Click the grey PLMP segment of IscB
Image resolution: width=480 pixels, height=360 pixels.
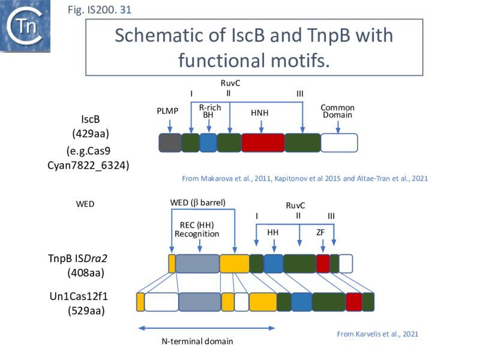(170, 142)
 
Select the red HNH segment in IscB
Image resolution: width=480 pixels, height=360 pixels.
(263, 142)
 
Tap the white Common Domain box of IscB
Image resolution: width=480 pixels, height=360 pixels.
(339, 142)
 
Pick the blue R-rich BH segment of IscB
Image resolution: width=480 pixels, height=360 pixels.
(208, 142)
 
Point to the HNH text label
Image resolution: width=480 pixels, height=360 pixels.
(261, 112)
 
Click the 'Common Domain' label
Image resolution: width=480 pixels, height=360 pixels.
(337, 111)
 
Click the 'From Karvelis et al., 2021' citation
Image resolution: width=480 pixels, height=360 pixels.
(377, 334)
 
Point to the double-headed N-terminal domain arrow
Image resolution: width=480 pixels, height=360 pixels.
(206, 328)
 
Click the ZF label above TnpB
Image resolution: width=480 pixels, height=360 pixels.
(322, 231)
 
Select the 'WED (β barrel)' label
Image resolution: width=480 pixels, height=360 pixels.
(198, 202)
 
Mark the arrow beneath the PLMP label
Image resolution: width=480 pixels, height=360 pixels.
(170, 125)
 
